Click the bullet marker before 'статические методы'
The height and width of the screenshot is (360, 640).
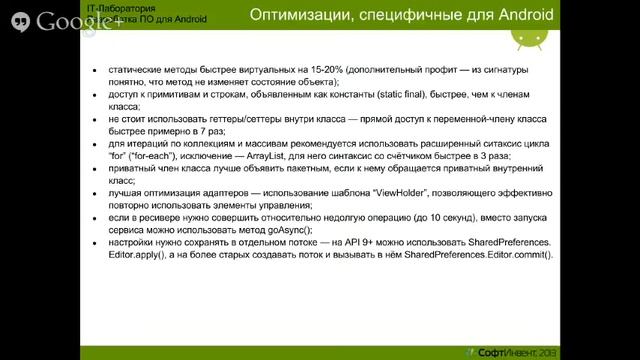(92, 70)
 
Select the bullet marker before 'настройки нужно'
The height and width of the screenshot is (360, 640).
(92, 244)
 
